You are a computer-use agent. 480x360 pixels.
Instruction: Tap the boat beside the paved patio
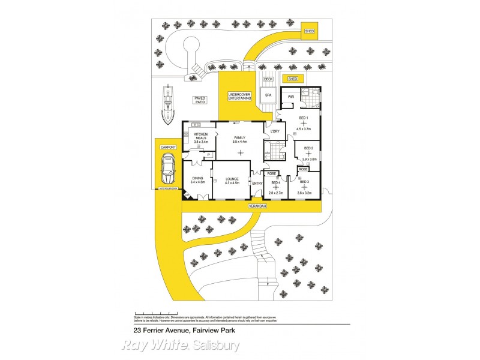pos(167,103)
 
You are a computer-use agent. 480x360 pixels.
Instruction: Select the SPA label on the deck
pos(268,95)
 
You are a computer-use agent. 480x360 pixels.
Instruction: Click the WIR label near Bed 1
pos(290,97)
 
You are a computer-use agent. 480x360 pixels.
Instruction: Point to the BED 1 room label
pos(303,118)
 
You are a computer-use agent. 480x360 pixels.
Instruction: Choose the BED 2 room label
pos(308,148)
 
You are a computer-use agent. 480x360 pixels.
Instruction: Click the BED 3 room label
pos(304,181)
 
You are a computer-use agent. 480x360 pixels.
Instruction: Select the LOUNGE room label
pos(232,179)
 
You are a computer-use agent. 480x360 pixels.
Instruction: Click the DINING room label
pos(198,179)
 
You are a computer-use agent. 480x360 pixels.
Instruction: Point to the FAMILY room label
pos(239,137)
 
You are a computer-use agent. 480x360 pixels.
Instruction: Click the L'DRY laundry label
pos(275,131)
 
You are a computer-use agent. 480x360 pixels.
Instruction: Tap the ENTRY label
pos(257,183)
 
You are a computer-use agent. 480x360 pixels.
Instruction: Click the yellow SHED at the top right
pos(310,31)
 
